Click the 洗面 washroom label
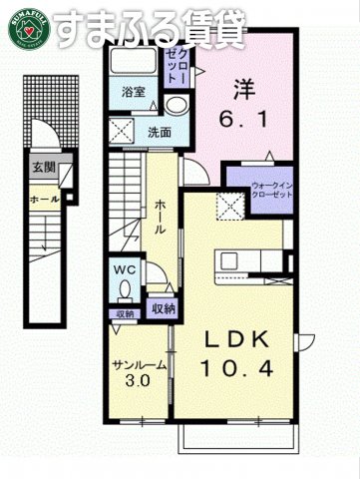[x=161, y=131]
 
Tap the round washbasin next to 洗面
[x=178, y=108]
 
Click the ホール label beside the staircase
[x=161, y=217]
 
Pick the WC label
[x=126, y=268]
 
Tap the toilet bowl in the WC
[x=125, y=290]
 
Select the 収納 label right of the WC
[x=164, y=309]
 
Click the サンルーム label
[x=139, y=364]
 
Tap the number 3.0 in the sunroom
[x=139, y=381]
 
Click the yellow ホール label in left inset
[x=44, y=199]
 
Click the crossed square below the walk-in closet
[x=233, y=206]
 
